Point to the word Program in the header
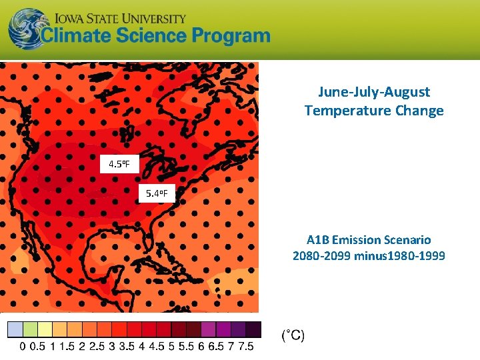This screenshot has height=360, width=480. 230,36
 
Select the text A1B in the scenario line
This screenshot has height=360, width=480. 318,239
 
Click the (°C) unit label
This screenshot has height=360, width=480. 293,335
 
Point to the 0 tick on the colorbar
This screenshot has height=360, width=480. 23,347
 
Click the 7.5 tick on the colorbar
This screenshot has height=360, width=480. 246,347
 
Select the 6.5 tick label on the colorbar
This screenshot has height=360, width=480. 216,347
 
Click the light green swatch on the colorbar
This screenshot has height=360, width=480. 30,329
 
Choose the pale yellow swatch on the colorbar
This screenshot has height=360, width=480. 45,329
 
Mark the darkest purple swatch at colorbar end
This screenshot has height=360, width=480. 253,329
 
